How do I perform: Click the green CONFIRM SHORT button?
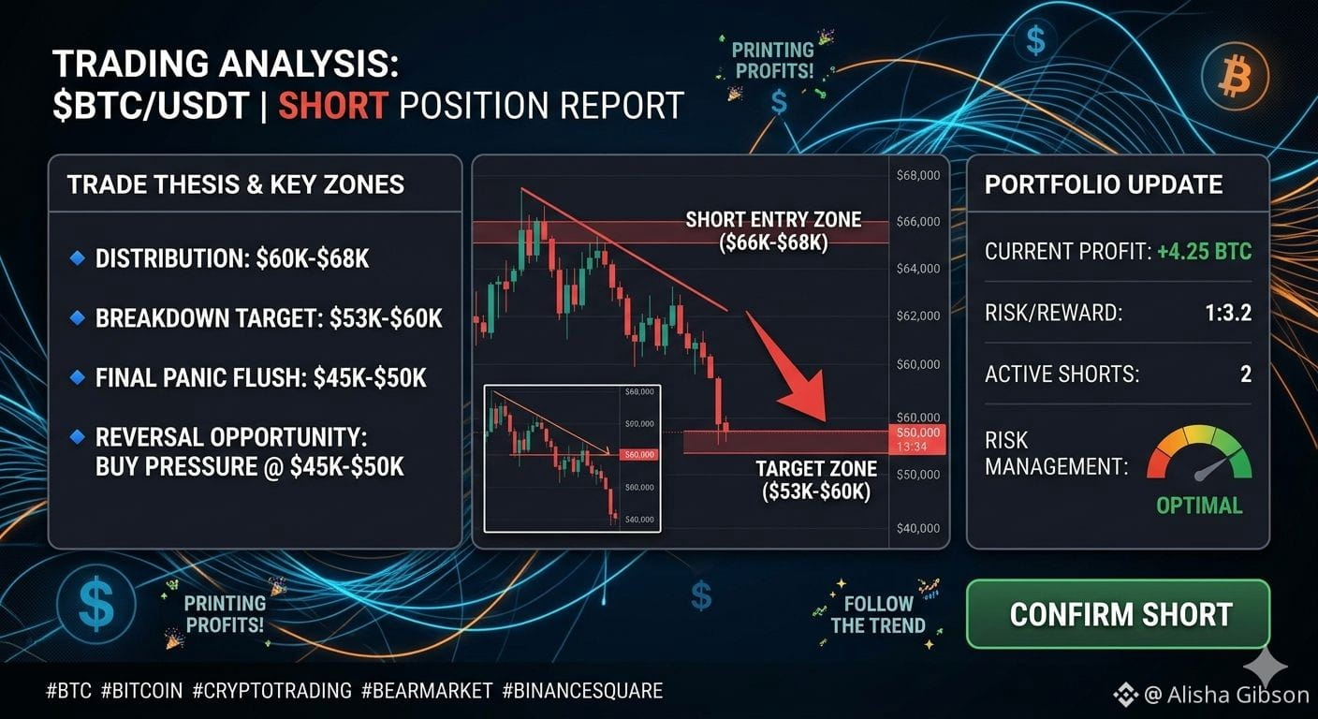pyautogui.click(x=1118, y=614)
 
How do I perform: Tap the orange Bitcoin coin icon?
pyautogui.click(x=1235, y=77)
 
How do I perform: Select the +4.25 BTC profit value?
pyautogui.click(x=1205, y=252)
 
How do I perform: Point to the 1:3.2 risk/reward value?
pyautogui.click(x=1228, y=313)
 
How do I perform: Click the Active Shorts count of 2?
pyautogui.click(x=1246, y=374)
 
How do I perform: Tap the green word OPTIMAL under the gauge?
pyautogui.click(x=1199, y=506)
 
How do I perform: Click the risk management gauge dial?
pyautogui.click(x=1199, y=453)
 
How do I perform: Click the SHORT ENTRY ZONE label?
pyautogui.click(x=773, y=230)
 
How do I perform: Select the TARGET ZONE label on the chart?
pyautogui.click(x=816, y=480)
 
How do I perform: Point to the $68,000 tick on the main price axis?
pyautogui.click(x=918, y=175)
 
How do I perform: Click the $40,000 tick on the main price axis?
pyautogui.click(x=918, y=528)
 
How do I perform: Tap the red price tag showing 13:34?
pyautogui.click(x=917, y=439)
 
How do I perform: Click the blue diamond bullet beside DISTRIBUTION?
pyautogui.click(x=77, y=257)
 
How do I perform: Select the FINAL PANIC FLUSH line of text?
pyautogui.click(x=260, y=377)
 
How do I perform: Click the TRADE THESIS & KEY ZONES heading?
pyautogui.click(x=235, y=184)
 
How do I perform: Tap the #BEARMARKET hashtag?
pyautogui.click(x=427, y=690)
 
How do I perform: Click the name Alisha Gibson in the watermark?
pyautogui.click(x=1238, y=695)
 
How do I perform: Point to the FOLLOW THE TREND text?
pyautogui.click(x=878, y=614)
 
